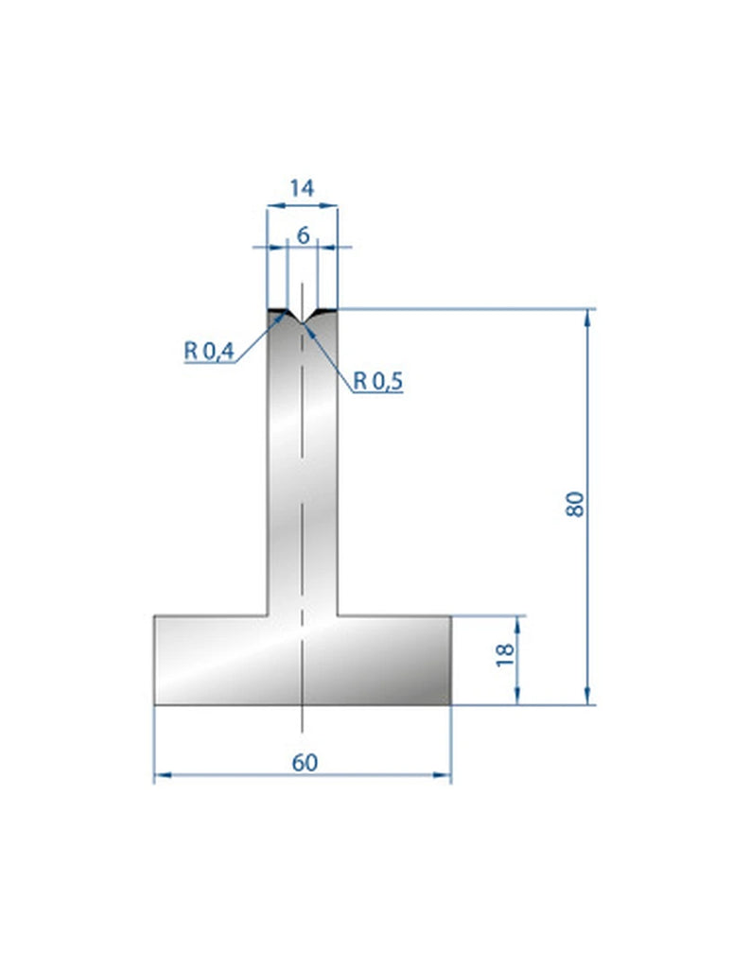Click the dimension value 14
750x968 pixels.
click(x=302, y=188)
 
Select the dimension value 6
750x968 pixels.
click(x=303, y=235)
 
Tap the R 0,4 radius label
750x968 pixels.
click(x=208, y=352)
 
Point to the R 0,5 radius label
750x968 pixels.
click(x=378, y=381)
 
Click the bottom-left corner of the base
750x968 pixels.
click(x=154, y=705)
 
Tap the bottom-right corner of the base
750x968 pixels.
click(x=451, y=705)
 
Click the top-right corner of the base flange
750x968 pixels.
click(x=451, y=616)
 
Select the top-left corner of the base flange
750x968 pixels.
click(x=154, y=616)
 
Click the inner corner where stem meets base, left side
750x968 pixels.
click(x=267, y=616)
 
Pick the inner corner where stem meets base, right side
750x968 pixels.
click(x=339, y=616)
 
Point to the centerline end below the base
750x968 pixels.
click(x=302, y=731)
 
